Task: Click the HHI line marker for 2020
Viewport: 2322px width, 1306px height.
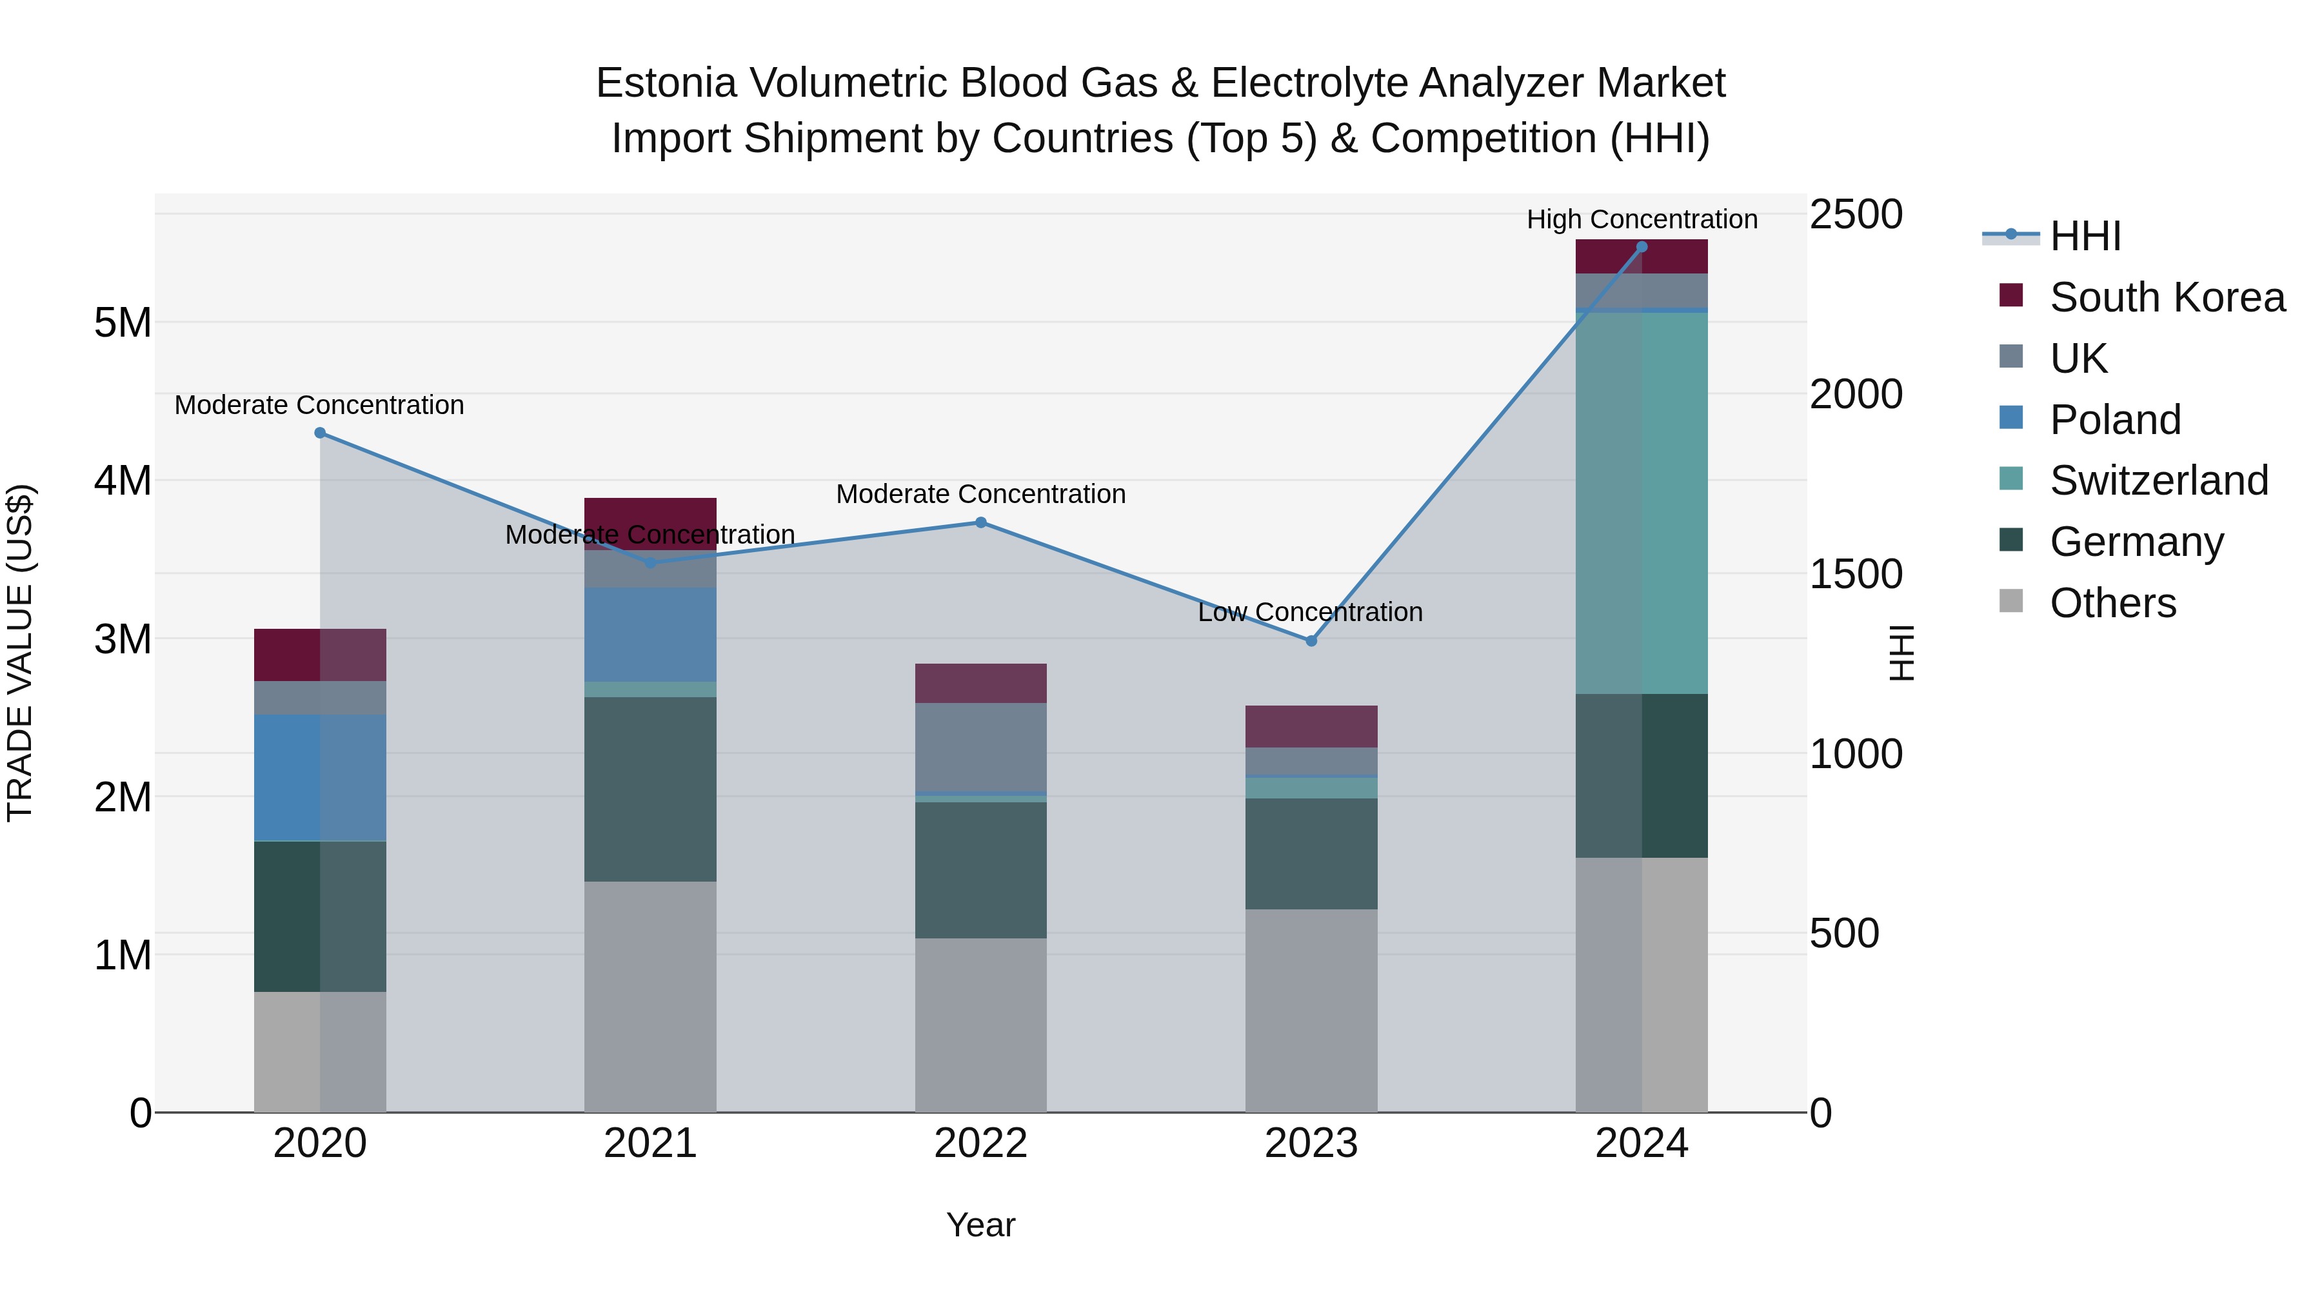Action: coord(320,433)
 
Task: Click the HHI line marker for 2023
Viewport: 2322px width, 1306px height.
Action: coord(1311,641)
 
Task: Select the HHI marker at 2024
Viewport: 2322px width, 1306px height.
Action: coord(1642,247)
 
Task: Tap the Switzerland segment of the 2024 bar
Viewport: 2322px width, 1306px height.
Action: coord(1642,503)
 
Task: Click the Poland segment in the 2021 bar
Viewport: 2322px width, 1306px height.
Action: coord(650,635)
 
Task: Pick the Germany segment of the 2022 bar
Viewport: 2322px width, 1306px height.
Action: coord(980,870)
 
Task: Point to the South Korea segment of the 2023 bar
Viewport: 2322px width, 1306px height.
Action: coord(1311,726)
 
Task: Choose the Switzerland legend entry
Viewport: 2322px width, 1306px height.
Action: coord(2158,480)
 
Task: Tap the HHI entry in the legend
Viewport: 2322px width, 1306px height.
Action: coord(2084,236)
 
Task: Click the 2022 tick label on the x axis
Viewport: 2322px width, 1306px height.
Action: coord(980,1143)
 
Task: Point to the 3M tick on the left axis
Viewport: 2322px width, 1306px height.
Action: coord(123,639)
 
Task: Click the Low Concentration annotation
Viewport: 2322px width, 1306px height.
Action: coord(1310,612)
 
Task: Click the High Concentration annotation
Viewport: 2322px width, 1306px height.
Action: coord(1642,219)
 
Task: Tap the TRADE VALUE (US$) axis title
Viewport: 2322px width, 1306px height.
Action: coord(21,653)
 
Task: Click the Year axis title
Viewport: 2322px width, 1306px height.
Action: coord(980,1225)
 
